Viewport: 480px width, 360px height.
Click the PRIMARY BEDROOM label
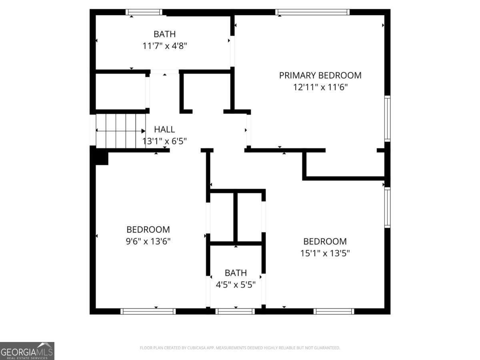tap(320, 75)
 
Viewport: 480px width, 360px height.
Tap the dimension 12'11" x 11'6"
tap(320, 87)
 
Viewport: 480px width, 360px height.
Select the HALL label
tap(164, 129)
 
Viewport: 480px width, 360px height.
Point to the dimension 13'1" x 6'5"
tap(164, 141)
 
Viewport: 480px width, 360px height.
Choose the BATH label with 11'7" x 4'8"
tap(164, 34)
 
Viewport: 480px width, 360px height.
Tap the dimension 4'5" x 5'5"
tap(236, 285)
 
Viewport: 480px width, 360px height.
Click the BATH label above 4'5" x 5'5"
tap(236, 273)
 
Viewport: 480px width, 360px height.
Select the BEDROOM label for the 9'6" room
tap(148, 230)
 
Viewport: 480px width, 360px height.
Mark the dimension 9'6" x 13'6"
tap(148, 241)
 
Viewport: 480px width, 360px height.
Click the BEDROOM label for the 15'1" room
tap(325, 242)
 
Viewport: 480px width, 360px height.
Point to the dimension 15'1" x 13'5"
tap(325, 253)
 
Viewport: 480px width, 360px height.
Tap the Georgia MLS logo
tap(27, 351)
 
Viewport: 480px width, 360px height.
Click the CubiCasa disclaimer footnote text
tap(240, 348)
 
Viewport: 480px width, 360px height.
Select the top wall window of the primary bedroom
tap(312, 12)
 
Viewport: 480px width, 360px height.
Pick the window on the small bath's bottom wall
tap(235, 311)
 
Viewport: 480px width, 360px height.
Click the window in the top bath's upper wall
tap(144, 12)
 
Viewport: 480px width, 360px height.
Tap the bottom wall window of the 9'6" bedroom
tap(148, 311)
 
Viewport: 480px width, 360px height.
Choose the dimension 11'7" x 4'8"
tap(164, 46)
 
